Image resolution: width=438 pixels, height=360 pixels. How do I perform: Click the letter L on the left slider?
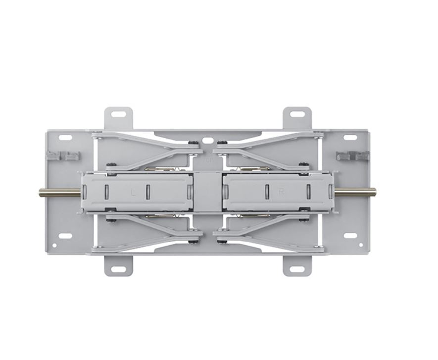132,191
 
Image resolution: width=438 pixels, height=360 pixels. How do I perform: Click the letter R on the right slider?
281,192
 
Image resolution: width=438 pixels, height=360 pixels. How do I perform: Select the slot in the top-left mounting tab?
118,114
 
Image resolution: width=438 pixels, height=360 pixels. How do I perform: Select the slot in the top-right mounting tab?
297,114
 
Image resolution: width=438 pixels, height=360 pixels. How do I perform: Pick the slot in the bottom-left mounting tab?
118,269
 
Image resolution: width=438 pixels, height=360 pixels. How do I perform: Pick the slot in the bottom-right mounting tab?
297,269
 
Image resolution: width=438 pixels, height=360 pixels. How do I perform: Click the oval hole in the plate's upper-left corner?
66,137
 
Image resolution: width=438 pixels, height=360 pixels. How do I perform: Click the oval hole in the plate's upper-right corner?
350,137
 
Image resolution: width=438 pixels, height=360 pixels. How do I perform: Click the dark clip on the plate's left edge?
63,155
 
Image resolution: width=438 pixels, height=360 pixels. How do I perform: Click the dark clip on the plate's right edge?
352,155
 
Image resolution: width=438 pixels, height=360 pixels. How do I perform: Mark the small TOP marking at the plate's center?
208,160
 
